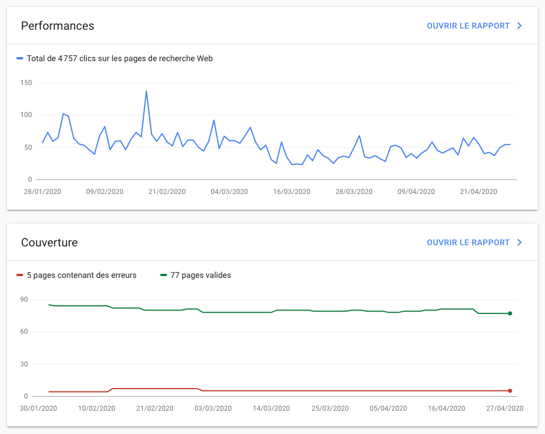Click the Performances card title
pos(58,26)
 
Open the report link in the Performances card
pos(474,26)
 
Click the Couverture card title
pos(49,243)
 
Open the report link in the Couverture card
pos(474,243)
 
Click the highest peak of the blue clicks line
pos(146,91)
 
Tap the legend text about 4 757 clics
pos(119,59)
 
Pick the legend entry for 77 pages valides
pos(200,276)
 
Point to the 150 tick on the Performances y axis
pos(26,83)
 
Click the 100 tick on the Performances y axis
pos(26,115)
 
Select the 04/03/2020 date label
pos(229,192)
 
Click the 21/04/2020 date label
pos(478,192)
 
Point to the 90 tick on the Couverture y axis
pos(24,300)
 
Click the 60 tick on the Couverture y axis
pos(24,332)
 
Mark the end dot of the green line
pos(510,313)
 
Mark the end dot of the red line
pos(510,391)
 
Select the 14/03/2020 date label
pos(272,408)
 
